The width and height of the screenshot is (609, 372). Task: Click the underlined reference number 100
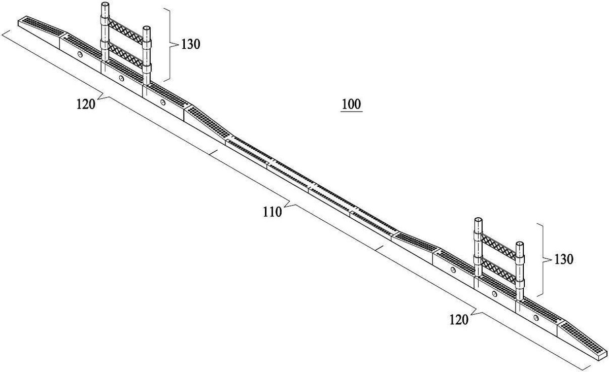(351, 105)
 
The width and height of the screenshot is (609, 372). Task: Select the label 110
(272, 212)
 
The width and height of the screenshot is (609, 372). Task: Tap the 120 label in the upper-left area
(86, 104)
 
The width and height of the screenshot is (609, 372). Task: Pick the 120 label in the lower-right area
(459, 320)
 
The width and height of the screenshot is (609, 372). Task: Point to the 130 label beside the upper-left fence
(191, 44)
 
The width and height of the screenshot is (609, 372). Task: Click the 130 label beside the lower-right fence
(564, 259)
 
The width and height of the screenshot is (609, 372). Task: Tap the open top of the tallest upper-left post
(105, 5)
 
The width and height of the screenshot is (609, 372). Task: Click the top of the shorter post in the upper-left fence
(147, 28)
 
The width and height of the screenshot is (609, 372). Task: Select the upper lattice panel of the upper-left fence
(126, 31)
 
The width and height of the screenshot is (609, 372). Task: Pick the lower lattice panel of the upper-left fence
(126, 55)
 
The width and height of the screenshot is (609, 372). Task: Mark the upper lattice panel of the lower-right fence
(498, 246)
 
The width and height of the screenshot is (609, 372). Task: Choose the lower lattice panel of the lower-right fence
(498, 270)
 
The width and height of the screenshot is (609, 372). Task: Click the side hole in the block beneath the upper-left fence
(121, 78)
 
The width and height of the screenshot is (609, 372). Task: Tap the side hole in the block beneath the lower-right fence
(494, 294)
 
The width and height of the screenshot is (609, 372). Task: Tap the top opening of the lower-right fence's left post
(478, 220)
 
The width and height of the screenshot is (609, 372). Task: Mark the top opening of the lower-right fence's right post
(520, 244)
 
